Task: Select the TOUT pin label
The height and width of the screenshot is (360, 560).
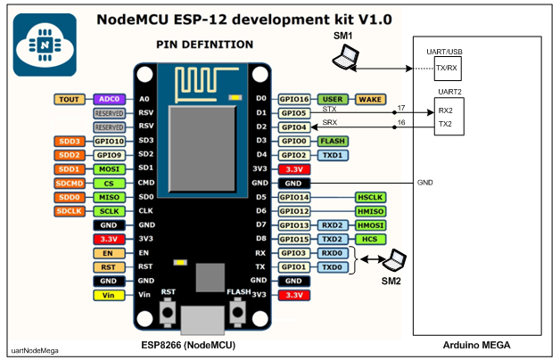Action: (70, 100)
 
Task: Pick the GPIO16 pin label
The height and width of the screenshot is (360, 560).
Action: (294, 100)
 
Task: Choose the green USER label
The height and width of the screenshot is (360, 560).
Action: (334, 100)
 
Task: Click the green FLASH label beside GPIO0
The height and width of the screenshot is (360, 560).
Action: (334, 141)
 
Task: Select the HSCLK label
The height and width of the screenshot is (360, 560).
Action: (369, 196)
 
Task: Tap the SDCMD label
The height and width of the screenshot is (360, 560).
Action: (70, 183)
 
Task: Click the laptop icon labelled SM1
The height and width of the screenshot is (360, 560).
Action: (342, 58)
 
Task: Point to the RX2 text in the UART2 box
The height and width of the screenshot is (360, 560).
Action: (446, 110)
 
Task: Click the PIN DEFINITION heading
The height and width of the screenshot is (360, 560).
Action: (204, 44)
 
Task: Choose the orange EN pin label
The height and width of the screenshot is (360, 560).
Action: (108, 252)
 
